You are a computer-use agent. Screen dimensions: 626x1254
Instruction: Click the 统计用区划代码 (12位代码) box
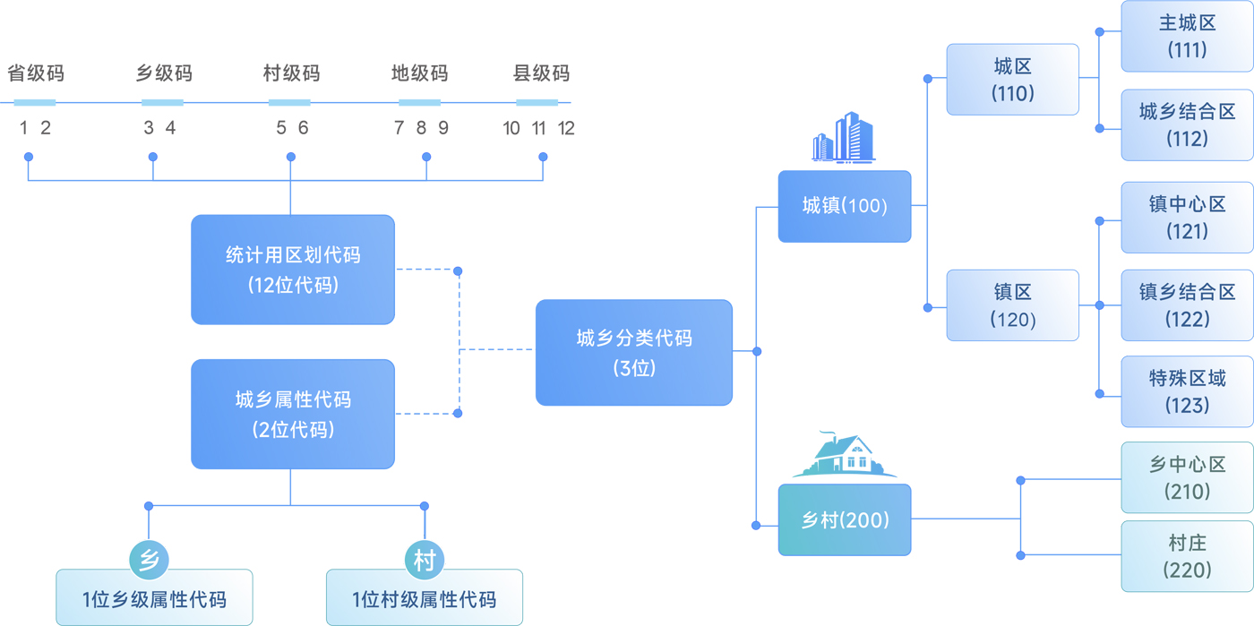[x=293, y=270]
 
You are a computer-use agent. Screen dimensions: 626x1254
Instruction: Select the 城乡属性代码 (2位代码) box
[x=293, y=414]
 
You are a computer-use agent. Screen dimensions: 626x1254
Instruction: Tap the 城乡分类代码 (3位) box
[x=634, y=352]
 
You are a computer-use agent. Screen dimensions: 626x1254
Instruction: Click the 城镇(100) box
[x=845, y=206]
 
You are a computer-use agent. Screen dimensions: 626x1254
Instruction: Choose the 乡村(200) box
[x=845, y=519]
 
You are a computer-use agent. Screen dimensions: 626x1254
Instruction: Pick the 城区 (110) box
[x=1012, y=80]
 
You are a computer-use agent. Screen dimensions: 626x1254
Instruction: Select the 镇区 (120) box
[x=1012, y=305]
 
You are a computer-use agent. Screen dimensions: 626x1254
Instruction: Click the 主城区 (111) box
[x=1187, y=36]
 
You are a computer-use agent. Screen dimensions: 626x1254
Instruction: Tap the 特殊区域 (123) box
[x=1187, y=391]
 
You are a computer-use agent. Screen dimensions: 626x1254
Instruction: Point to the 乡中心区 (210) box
[x=1187, y=477]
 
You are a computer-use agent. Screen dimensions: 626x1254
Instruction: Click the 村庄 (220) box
[x=1187, y=556]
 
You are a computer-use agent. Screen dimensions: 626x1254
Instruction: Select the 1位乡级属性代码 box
[x=154, y=598]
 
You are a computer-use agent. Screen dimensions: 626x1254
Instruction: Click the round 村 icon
[x=425, y=561]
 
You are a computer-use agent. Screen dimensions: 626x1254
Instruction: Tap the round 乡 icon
[x=150, y=561]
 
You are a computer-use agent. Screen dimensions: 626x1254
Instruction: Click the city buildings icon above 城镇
[x=843, y=138]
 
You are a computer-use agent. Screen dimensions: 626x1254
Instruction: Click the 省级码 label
[x=36, y=73]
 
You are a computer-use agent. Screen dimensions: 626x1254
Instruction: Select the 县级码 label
[x=541, y=73]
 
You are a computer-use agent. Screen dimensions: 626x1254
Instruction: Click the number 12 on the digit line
[x=566, y=128]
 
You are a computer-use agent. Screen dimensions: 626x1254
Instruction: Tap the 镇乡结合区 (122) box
[x=1187, y=305]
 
